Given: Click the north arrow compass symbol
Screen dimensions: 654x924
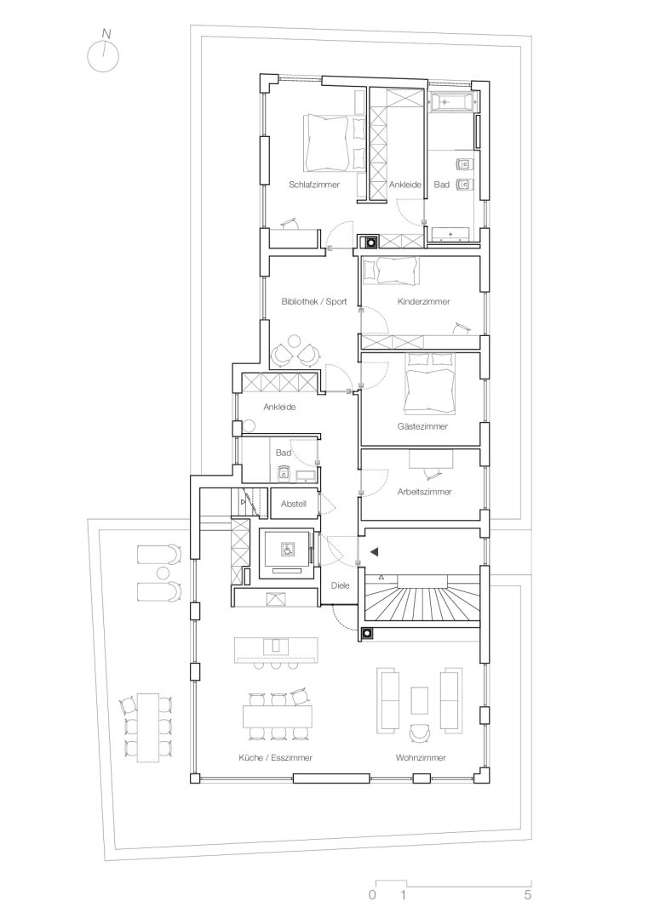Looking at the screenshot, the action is [x=103, y=54].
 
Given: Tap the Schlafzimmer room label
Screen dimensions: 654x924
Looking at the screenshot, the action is [x=313, y=185].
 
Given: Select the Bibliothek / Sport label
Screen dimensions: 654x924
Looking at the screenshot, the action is [x=313, y=301].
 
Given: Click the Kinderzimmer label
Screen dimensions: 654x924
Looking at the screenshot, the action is [x=423, y=301].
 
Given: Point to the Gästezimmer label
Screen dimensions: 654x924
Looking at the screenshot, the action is [x=422, y=426].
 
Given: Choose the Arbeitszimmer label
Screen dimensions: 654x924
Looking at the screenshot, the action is [x=424, y=492].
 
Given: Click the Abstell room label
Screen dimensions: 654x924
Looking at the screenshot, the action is [x=293, y=504].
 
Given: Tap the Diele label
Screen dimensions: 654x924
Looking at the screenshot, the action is [x=340, y=585].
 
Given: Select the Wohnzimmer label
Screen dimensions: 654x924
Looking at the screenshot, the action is [x=421, y=758].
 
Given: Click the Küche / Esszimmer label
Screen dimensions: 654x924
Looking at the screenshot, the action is [x=275, y=758].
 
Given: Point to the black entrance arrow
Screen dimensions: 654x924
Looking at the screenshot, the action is [x=374, y=552].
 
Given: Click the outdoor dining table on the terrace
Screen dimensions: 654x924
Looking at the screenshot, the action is [x=148, y=727].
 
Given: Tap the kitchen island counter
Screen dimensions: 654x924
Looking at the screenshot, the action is [x=276, y=648].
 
